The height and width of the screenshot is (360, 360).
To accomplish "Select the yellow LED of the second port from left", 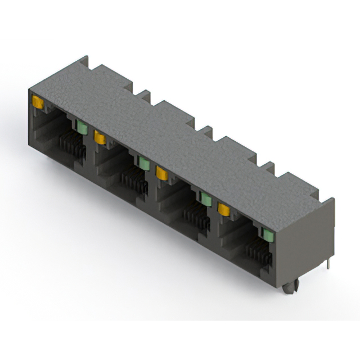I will point(100,137).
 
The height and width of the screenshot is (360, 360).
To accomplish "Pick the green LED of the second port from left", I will point(144,163).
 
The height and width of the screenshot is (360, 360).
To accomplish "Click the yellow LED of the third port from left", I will point(162,173).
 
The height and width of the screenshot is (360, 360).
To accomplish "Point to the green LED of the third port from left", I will point(206,199).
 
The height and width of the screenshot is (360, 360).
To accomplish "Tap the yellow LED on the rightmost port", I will point(224,210).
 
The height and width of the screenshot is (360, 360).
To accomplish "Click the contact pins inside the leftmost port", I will point(72,148).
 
